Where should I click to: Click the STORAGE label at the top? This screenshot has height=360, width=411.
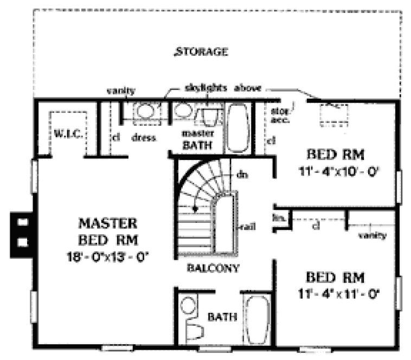(x=201, y=52)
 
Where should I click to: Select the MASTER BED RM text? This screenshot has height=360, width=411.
(x=107, y=231)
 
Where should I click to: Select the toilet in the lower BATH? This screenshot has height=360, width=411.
(x=192, y=329)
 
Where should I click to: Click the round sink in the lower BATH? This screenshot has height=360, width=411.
(x=189, y=305)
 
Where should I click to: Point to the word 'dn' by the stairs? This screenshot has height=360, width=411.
(x=242, y=175)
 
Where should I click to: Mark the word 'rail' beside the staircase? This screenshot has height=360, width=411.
(x=249, y=227)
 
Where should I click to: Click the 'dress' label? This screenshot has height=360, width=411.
(x=143, y=138)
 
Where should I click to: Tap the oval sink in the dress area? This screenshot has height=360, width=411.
(x=144, y=112)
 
